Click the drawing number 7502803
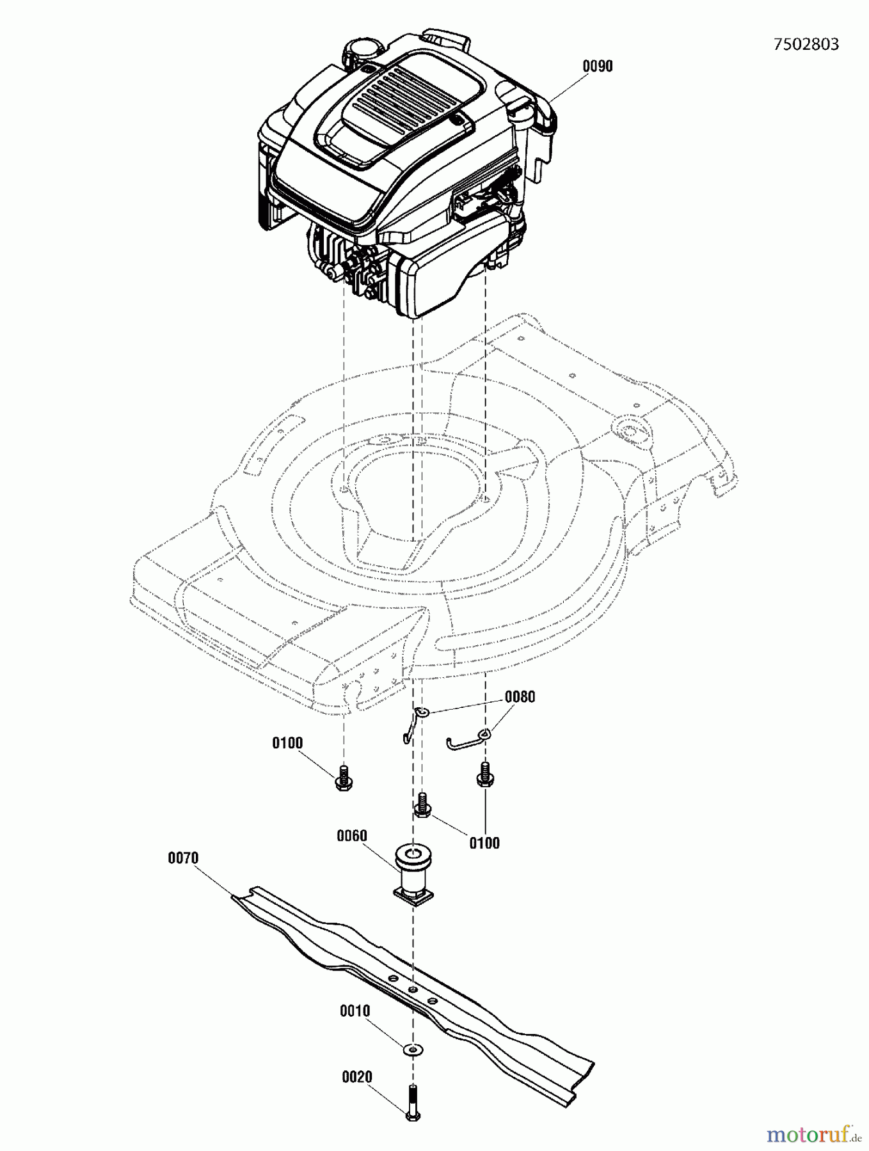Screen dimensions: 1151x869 point(806,44)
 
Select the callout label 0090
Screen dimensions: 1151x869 point(597,67)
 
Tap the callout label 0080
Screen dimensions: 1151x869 point(520,697)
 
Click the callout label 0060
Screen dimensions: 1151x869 point(352,836)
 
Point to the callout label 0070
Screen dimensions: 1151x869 point(183,858)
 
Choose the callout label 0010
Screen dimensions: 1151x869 point(355,1011)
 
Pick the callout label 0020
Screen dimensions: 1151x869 point(357,1077)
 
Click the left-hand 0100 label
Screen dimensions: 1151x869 point(287,743)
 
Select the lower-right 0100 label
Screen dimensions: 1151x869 point(484,843)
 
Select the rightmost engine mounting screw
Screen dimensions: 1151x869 point(484,774)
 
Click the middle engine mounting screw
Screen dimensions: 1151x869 point(422,805)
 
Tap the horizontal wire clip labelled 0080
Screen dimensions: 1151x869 point(467,741)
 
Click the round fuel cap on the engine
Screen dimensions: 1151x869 point(363,51)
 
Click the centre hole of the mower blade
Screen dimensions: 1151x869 point(413,989)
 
